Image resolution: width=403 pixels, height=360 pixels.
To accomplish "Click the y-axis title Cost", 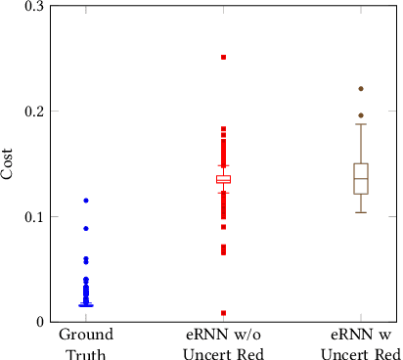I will (x=8, y=163).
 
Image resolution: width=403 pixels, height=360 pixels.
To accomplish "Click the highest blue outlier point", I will (x=86, y=201).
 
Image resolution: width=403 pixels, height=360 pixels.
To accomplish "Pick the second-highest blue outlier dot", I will (x=86, y=228).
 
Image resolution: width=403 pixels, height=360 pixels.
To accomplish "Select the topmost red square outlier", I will (x=223, y=58).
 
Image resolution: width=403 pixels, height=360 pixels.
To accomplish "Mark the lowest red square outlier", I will (x=223, y=313).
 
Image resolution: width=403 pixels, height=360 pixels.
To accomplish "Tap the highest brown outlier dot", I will (x=361, y=89).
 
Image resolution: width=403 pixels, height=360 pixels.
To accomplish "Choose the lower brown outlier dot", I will (x=361, y=115).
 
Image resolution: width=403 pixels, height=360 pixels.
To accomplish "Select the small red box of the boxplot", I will (x=223, y=180).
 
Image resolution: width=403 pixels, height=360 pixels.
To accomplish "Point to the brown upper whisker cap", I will (x=361, y=124).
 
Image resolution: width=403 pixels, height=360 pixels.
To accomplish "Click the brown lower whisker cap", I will (x=361, y=212).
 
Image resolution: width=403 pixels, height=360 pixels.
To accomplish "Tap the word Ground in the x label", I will (x=86, y=336).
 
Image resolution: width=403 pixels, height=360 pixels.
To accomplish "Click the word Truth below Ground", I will (x=86, y=354).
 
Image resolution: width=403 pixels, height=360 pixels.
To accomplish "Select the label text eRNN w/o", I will (x=223, y=336).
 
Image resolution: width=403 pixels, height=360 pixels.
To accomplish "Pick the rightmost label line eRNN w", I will (x=361, y=336).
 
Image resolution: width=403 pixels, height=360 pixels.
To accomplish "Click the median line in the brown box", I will (x=361, y=179).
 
